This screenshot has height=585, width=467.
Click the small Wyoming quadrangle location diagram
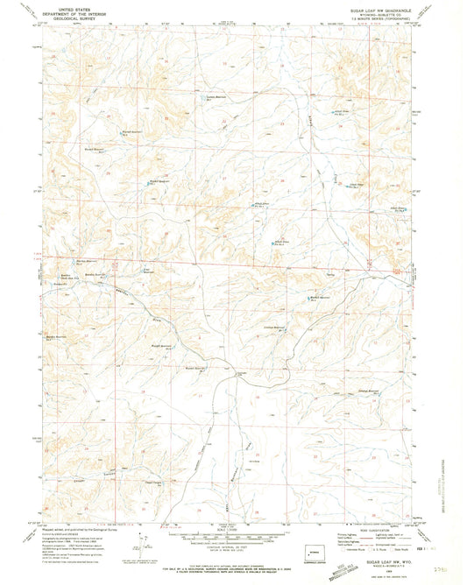pyautogui.click(x=314, y=553)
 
